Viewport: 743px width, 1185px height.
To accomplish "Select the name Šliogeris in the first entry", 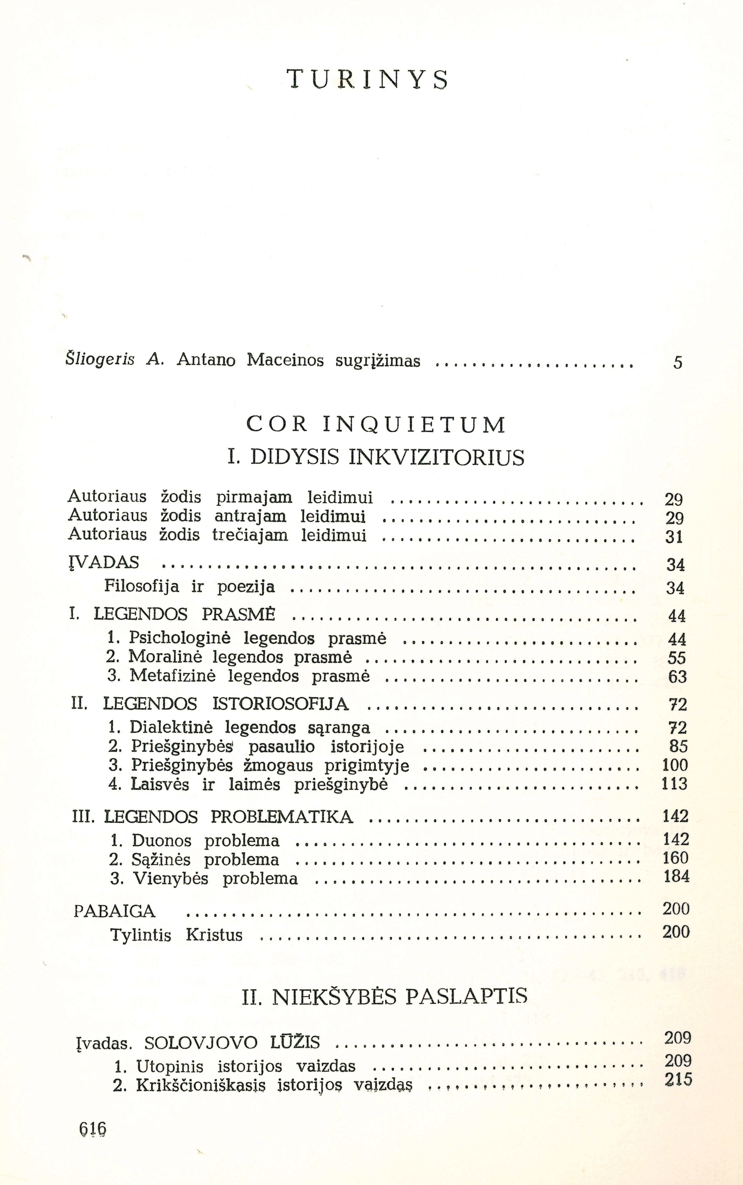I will pyautogui.click(x=100, y=360).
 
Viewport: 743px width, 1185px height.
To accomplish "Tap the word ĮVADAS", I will pyautogui.click(x=104, y=563).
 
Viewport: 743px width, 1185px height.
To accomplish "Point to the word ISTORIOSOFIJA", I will pyautogui.click(x=280, y=704).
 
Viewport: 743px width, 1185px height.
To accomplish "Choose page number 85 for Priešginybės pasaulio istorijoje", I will pyautogui.click(x=678, y=747).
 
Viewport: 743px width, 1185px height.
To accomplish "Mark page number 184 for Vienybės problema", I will pyautogui.click(x=676, y=876).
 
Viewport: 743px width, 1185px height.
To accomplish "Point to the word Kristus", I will pyautogui.click(x=214, y=935).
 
